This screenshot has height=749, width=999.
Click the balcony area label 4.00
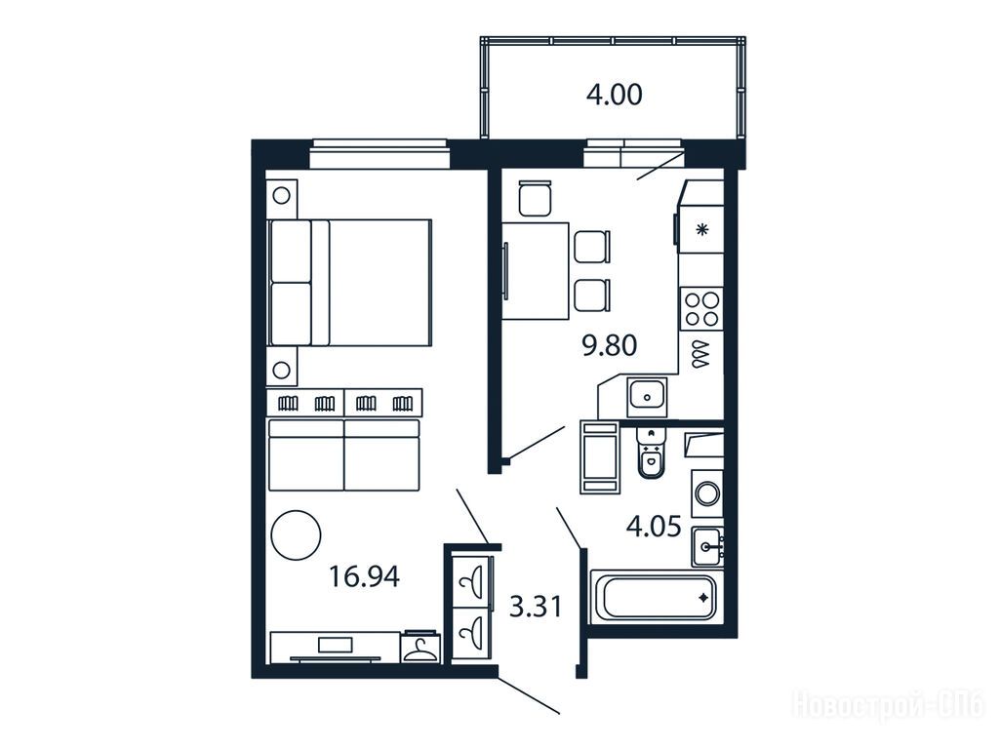[x=615, y=95]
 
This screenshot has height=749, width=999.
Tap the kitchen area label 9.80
[x=610, y=346]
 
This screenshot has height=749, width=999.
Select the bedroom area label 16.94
[x=365, y=576]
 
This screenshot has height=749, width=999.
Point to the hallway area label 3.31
[x=537, y=607]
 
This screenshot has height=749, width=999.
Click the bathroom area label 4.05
[x=654, y=527]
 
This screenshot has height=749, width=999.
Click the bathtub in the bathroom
[x=656, y=597]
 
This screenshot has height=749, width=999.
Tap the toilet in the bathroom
[x=651, y=452]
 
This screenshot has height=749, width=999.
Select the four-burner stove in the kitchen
[x=701, y=309]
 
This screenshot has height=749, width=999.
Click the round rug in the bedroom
[x=296, y=535]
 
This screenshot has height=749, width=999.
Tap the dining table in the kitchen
[x=535, y=271]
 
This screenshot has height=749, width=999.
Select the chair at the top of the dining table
[x=536, y=198]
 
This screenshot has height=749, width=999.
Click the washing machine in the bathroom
[x=707, y=492]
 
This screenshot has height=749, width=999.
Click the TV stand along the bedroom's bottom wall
[x=336, y=648]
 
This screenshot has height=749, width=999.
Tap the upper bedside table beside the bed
[x=282, y=195]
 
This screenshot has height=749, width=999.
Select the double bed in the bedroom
[x=350, y=283]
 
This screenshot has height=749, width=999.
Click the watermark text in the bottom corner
[x=888, y=705]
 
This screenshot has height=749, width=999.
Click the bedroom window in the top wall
[x=380, y=155]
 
